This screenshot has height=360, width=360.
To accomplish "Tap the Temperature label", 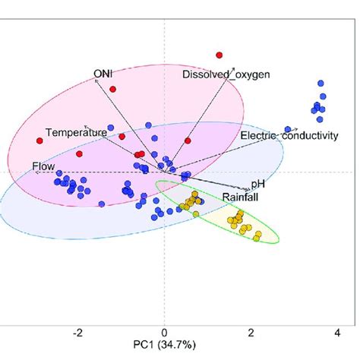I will [x=76, y=132].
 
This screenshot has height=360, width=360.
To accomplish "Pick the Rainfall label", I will [x=242, y=197].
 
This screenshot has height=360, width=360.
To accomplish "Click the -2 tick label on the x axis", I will [x=77, y=333].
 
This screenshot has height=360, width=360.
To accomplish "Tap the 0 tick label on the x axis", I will [x=164, y=333].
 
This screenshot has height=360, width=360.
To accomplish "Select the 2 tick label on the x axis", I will [x=250, y=333].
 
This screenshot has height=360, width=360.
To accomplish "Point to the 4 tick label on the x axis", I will [x=336, y=333].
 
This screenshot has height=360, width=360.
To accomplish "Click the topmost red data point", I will [x=219, y=55].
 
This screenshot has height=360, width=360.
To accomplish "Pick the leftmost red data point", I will [x=39, y=141].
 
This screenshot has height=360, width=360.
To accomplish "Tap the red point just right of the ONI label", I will [x=114, y=89].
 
